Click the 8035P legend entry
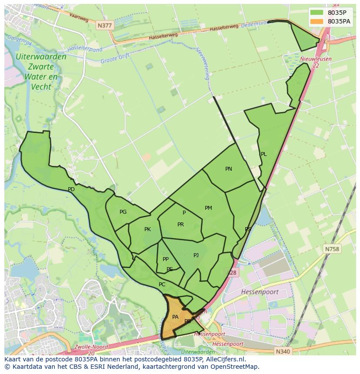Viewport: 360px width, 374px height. [x=337, y=13]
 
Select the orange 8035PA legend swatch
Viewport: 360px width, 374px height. [x=317, y=21]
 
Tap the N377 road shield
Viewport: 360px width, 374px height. [x=104, y=26]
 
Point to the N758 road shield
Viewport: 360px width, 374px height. [x=332, y=249]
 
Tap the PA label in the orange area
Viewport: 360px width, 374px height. [x=175, y=317]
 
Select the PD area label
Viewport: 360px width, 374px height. [x=71, y=189]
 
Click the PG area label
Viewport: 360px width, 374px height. [x=123, y=212]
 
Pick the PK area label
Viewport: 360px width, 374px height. [x=147, y=229]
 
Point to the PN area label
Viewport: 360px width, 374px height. [x=229, y=169]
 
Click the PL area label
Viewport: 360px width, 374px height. [x=263, y=154]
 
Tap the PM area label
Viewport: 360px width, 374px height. [x=208, y=208]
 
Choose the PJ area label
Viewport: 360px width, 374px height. [x=196, y=255]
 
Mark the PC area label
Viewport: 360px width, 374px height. [x=162, y=285]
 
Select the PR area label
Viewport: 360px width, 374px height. [x=180, y=225]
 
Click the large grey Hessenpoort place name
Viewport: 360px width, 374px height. [x=260, y=292]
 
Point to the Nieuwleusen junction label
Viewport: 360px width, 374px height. [x=316, y=59]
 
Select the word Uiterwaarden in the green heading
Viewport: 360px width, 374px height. [x=41, y=57]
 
